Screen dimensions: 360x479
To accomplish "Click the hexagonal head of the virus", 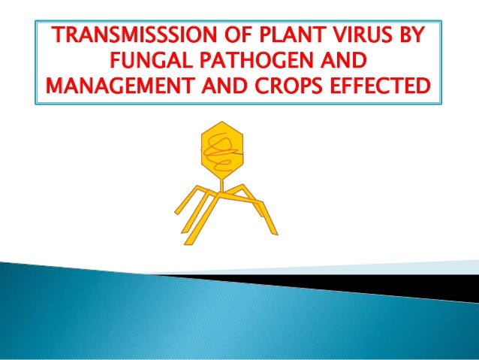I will (x=223, y=147).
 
